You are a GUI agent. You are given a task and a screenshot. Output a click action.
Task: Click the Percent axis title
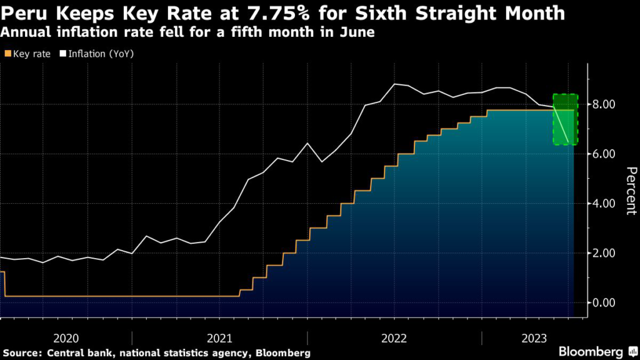click(x=631, y=191)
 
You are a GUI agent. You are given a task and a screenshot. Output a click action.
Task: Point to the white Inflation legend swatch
click(x=63, y=54)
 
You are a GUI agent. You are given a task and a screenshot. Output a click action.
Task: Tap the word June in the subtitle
click(x=359, y=32)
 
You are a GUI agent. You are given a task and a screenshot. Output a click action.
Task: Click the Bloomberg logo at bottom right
click(x=590, y=352)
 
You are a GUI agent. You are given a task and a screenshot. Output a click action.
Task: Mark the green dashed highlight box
click(x=565, y=119)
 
